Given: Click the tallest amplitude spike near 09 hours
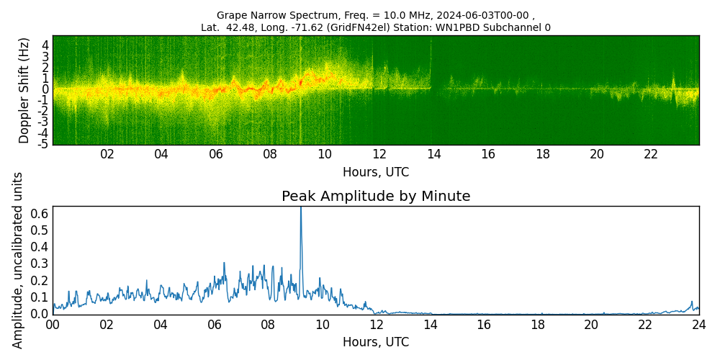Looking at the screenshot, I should coord(301,209).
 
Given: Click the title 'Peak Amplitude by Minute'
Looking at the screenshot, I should coord(376,197).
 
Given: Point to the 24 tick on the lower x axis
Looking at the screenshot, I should coord(699,325).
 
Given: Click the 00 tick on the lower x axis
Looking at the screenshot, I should coord(53,325).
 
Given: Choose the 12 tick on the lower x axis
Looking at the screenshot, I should coord(376,325).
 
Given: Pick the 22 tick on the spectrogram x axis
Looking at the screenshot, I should coord(651,155).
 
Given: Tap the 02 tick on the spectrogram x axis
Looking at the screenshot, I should coord(107,155).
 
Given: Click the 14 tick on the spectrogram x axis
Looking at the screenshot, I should coord(433,155).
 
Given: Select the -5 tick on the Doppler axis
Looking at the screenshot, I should coord(44,144).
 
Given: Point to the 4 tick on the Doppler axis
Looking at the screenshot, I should coord(45,45).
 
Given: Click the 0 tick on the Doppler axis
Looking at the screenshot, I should coord(45,89).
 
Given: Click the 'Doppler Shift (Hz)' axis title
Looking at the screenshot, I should coord(24,90).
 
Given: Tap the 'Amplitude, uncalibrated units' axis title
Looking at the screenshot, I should coord(18,260).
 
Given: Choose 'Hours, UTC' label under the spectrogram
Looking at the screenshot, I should coord(376,173).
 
